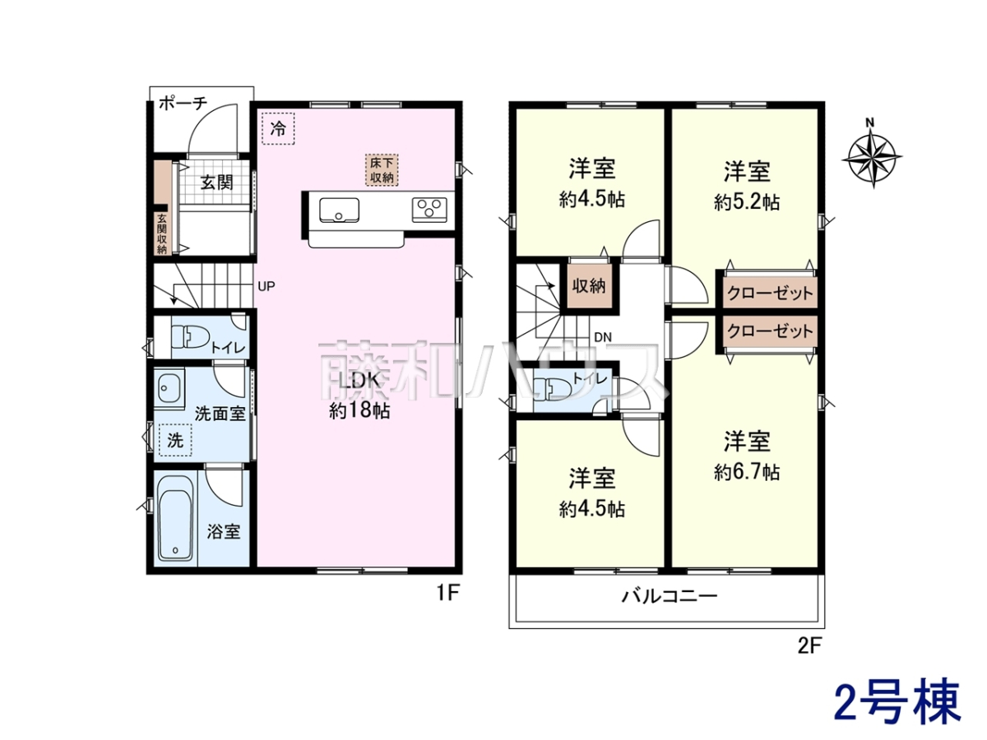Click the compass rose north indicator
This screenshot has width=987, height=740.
871,156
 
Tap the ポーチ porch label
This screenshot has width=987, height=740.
183,104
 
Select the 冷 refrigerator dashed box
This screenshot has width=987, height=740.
278,128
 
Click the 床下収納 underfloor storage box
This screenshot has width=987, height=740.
382,170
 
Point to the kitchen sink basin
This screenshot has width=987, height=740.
339,210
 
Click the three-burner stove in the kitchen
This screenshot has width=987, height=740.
430,210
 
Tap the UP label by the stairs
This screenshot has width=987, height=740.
266,286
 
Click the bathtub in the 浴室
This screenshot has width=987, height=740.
176,519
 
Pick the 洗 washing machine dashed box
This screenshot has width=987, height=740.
175,441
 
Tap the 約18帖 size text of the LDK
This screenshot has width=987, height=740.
359,410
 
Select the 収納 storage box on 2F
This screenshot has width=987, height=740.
590,286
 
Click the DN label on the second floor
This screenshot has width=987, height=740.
603,337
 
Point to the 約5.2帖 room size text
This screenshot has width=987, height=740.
747,202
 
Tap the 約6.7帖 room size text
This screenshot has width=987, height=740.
747,472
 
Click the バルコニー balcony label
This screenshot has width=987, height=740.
670,596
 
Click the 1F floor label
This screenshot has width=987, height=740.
448,594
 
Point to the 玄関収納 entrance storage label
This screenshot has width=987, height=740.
162,234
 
